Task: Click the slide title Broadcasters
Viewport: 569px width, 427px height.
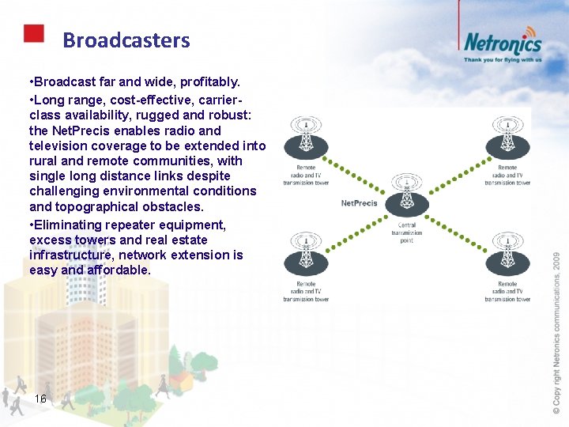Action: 126,40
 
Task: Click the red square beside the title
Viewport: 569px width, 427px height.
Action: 33,33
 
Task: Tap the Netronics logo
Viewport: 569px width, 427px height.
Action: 502,41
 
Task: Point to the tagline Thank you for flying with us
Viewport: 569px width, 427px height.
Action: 503,59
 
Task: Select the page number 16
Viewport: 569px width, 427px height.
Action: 41,399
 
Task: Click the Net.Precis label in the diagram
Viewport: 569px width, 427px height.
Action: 360,203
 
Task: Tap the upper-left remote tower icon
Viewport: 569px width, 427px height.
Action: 305,138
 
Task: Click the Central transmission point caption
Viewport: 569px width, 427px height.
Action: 406,232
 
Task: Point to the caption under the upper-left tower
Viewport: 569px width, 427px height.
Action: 306,175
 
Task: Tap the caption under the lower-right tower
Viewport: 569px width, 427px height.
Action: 507,291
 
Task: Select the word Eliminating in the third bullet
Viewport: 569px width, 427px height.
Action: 70,224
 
